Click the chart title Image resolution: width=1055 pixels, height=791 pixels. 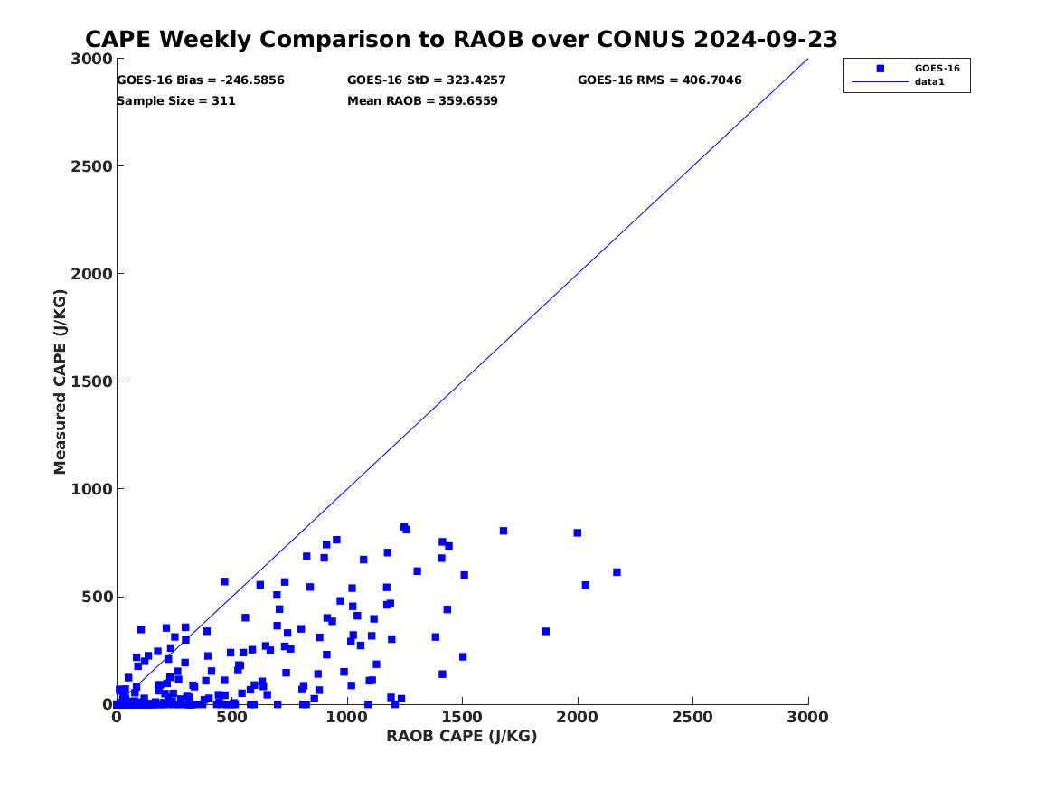[461, 40]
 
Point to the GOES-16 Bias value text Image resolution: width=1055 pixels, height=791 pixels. [201, 80]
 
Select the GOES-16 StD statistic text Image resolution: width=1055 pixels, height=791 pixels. [427, 80]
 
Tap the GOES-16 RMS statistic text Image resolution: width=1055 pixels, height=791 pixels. [659, 80]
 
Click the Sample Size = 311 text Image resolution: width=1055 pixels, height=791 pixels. [176, 101]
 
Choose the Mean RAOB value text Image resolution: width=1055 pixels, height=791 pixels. [422, 101]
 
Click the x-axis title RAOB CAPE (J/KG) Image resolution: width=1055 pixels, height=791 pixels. [462, 737]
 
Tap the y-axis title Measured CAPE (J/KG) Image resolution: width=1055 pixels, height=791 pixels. [61, 381]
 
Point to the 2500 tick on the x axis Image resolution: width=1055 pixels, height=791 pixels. [692, 717]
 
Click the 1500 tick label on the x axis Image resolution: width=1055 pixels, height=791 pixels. [462, 717]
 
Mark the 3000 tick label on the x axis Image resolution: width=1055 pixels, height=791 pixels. [808, 717]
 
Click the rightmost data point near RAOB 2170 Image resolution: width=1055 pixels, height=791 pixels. [617, 572]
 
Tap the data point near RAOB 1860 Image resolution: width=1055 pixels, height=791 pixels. [546, 631]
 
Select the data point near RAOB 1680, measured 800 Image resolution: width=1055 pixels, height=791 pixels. [504, 531]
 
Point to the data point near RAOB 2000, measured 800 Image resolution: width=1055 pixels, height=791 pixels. [577, 532]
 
